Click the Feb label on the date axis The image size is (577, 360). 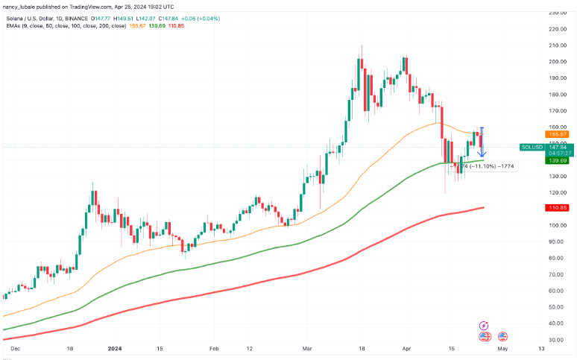tap(214, 348)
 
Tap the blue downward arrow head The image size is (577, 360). tap(482, 154)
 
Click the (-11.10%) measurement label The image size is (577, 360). tap(482, 166)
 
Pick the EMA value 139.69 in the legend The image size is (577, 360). tap(157, 25)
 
